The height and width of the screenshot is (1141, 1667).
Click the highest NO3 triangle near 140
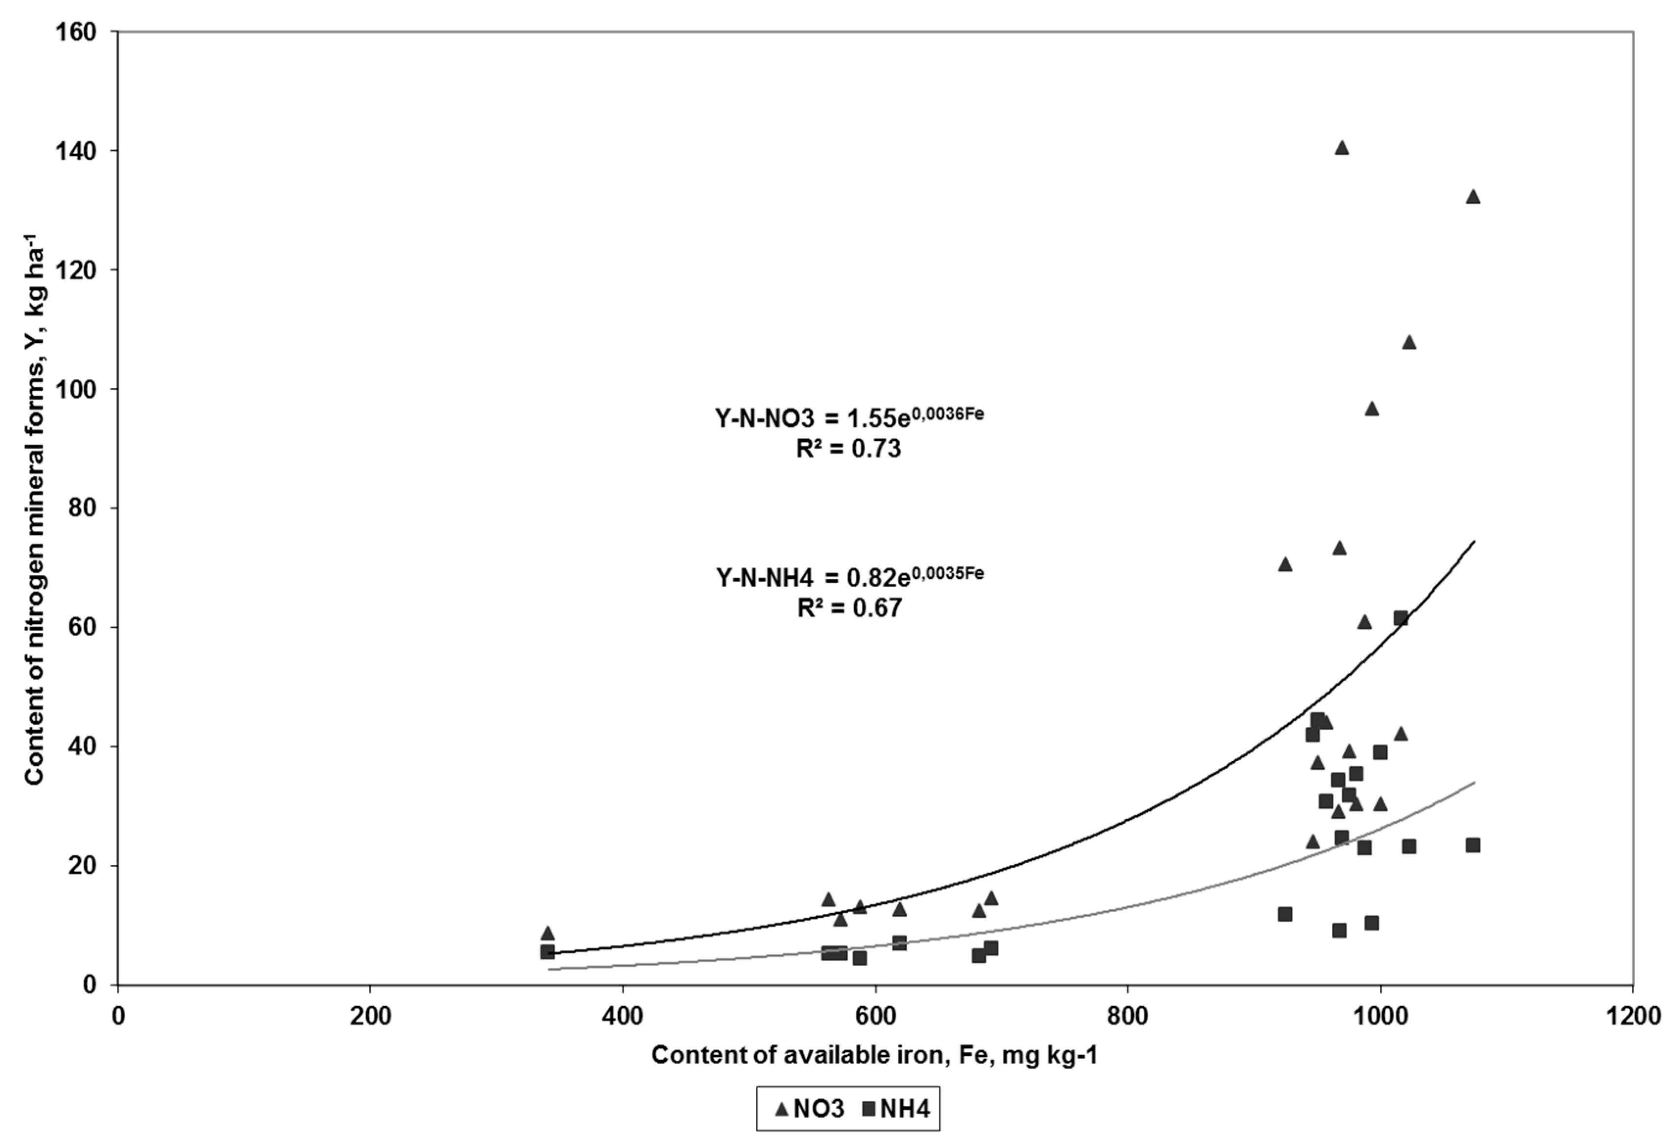pos(1341,148)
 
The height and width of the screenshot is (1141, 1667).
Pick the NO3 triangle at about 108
pos(1409,343)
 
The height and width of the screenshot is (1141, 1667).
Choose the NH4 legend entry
pos(896,1110)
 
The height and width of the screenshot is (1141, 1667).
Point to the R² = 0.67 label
pos(849,609)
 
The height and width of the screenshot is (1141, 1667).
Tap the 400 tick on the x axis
pos(623,1017)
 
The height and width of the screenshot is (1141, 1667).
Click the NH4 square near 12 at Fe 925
pos(1285,914)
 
